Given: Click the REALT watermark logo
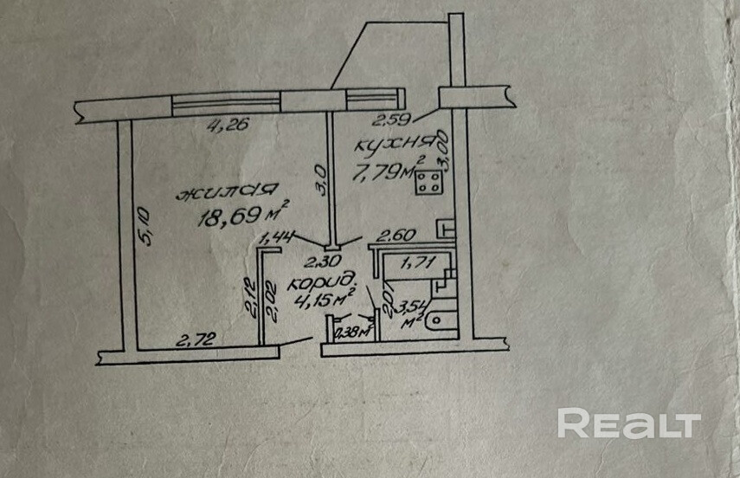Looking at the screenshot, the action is [628, 423].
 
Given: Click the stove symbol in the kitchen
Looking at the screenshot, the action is [426, 184].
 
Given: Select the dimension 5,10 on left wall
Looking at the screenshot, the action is [145, 226].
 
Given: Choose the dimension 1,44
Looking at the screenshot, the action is [279, 235].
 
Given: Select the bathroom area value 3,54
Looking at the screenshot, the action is [410, 304].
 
